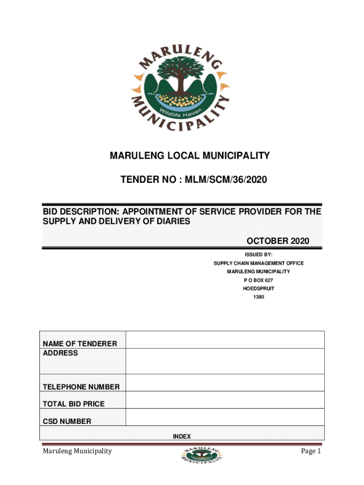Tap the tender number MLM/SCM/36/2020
(x=222, y=180)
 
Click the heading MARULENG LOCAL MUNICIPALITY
(x=190, y=155)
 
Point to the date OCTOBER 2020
(x=278, y=241)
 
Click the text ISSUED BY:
(x=258, y=254)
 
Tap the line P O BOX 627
(x=258, y=280)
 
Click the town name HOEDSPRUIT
(x=258, y=289)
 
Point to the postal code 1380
(x=258, y=297)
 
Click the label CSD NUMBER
(x=67, y=421)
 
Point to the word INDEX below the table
(x=182, y=436)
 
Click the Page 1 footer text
(x=311, y=451)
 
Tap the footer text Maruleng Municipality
(x=77, y=451)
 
